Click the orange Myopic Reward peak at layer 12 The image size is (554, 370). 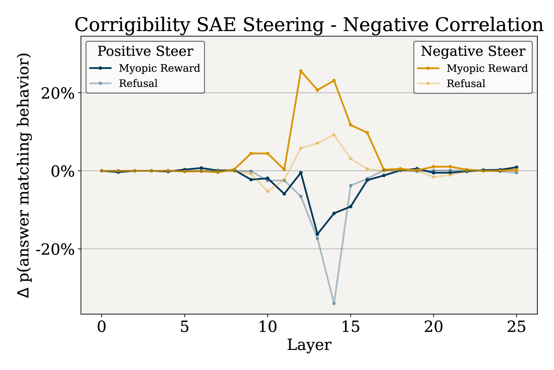pyautogui.click(x=301, y=71)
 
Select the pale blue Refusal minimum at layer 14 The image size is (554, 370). pyautogui.click(x=334, y=303)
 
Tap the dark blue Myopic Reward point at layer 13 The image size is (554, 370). pyautogui.click(x=317, y=234)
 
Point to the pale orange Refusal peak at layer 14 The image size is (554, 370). pyautogui.click(x=334, y=135)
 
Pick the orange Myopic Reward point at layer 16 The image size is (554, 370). pyautogui.click(x=367, y=133)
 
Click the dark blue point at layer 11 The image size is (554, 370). pyautogui.click(x=284, y=194)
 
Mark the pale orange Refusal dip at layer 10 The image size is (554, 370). pyautogui.click(x=267, y=192)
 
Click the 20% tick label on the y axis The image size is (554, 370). pyautogui.click(x=57, y=94)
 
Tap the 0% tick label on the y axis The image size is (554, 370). pyautogui.click(x=62, y=171)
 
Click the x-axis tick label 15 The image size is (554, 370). pyautogui.click(x=351, y=327)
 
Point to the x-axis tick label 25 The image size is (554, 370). pyautogui.click(x=517, y=327)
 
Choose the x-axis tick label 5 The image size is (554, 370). pyautogui.click(x=184, y=327)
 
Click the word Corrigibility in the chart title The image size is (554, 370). pyautogui.click(x=132, y=25)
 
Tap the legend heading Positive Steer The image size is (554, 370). pyautogui.click(x=145, y=51)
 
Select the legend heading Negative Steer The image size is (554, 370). pyautogui.click(x=473, y=51)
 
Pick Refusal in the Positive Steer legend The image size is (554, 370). pyautogui.click(x=138, y=83)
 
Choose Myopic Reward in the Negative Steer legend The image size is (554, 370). pyautogui.click(x=487, y=68)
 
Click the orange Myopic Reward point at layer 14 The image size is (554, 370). pyautogui.click(x=334, y=81)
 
